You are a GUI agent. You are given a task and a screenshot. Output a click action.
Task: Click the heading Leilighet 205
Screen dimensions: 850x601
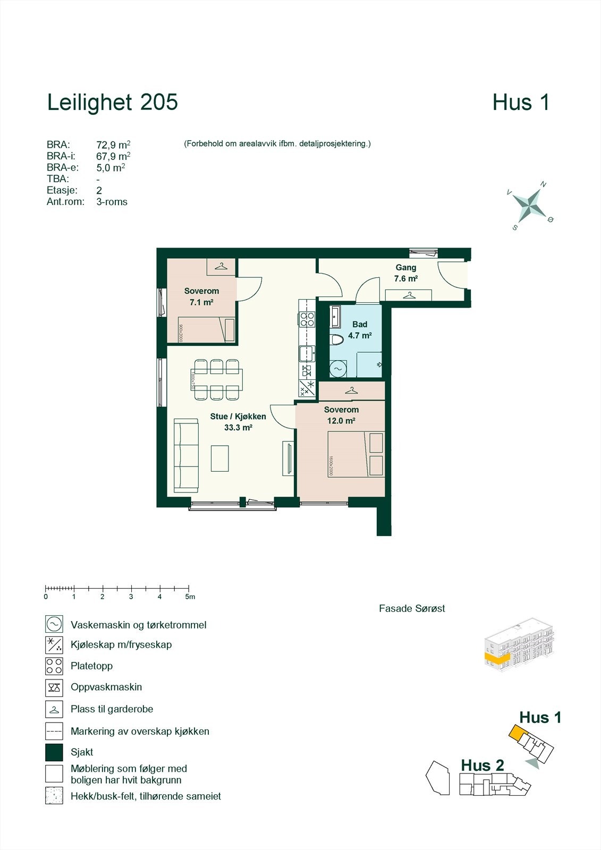tap(112, 103)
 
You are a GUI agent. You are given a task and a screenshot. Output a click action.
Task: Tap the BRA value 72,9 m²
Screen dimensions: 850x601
tap(113, 144)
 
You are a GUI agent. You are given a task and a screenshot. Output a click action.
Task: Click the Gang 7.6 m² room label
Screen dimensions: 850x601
tap(405, 273)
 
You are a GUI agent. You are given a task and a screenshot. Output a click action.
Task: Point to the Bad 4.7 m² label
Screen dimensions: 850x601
tap(360, 330)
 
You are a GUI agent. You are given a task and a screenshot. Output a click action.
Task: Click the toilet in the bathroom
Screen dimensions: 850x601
tap(337, 340)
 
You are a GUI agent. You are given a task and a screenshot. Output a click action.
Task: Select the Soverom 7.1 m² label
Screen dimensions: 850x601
tap(201, 296)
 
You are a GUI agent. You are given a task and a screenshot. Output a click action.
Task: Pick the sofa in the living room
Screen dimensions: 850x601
tap(186, 456)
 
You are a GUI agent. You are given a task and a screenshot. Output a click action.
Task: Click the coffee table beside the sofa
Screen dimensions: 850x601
tap(220, 458)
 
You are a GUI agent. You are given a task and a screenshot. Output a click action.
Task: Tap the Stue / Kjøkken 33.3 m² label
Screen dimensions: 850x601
tap(238, 422)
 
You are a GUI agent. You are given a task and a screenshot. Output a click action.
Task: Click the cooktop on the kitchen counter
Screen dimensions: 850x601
tap(307, 319)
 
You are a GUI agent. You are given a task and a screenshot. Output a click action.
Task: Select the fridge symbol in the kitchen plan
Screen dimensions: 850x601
tap(307, 388)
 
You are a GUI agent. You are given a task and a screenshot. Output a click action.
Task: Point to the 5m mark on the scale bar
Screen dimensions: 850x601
tap(189, 589)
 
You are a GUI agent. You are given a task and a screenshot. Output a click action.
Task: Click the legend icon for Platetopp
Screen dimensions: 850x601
tap(54, 666)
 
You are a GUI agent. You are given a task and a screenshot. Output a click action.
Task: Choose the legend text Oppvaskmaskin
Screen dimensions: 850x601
tap(106, 687)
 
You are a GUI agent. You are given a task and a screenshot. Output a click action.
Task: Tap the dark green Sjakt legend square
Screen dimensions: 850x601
tap(54, 752)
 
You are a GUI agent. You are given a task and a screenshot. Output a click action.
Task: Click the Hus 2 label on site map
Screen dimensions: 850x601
tap(482, 765)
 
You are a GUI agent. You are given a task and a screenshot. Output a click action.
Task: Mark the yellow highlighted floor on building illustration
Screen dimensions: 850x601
tap(497, 659)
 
